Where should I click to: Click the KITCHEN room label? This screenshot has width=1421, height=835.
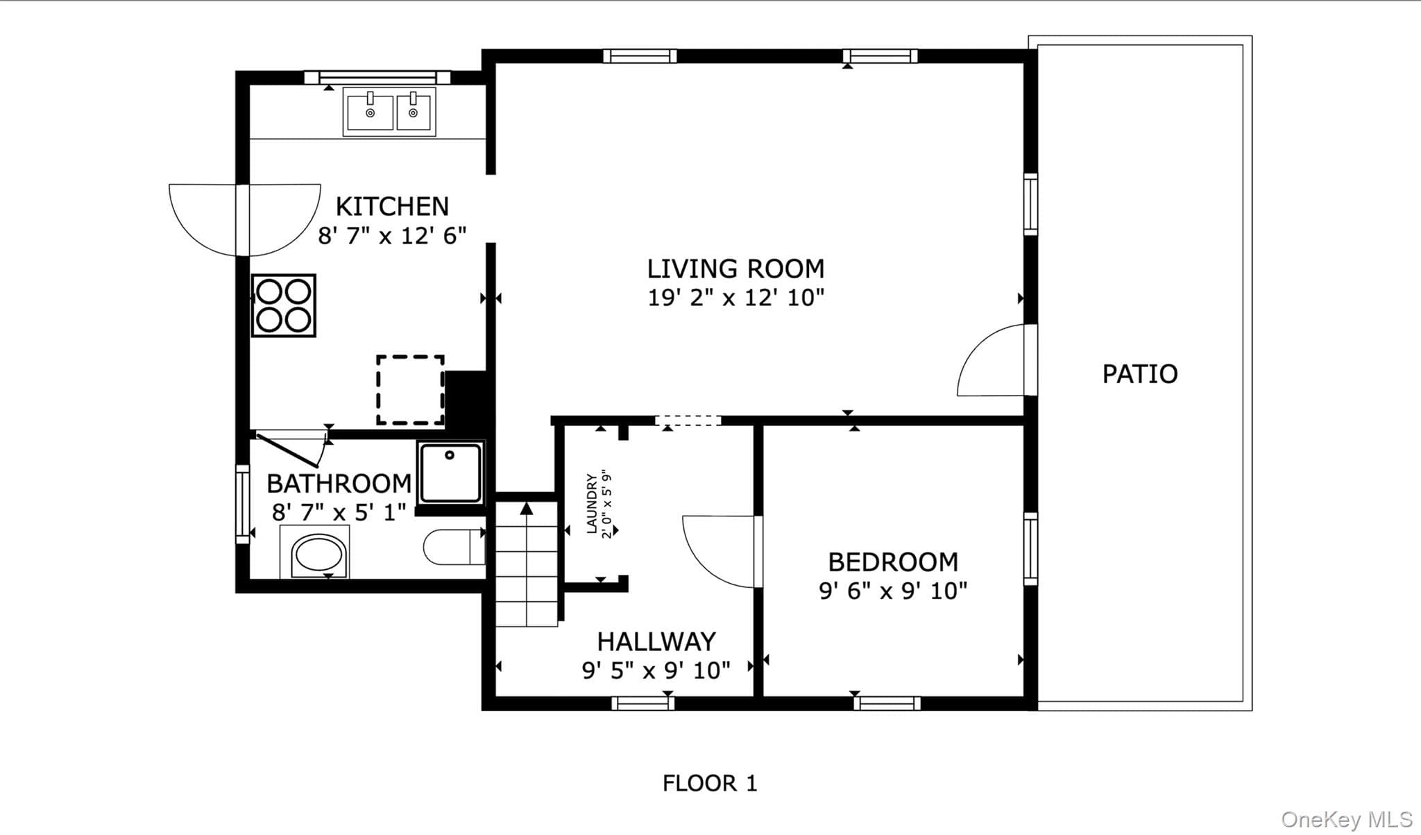click(x=392, y=206)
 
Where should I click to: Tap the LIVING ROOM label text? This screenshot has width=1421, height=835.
click(x=735, y=269)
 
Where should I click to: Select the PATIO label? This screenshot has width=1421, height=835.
click(x=1140, y=374)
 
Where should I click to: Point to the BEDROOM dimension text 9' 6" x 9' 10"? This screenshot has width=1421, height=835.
click(x=893, y=591)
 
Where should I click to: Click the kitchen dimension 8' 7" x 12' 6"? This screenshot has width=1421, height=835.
click(x=392, y=236)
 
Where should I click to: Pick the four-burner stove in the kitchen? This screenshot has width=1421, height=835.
click(x=284, y=305)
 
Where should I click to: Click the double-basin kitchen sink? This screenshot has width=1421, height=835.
click(x=389, y=112)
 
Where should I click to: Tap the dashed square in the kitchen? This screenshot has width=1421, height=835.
click(x=411, y=389)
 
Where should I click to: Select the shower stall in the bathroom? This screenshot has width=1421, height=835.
click(x=451, y=473)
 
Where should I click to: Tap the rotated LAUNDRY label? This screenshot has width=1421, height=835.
click(x=591, y=504)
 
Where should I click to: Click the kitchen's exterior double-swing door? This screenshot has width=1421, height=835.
click(x=245, y=220)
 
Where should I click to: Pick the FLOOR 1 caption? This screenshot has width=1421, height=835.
click(x=710, y=784)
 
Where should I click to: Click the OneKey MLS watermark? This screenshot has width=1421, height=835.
click(x=1347, y=820)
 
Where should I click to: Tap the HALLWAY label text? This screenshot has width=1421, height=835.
click(x=656, y=641)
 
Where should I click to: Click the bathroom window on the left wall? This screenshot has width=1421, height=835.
click(x=242, y=505)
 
